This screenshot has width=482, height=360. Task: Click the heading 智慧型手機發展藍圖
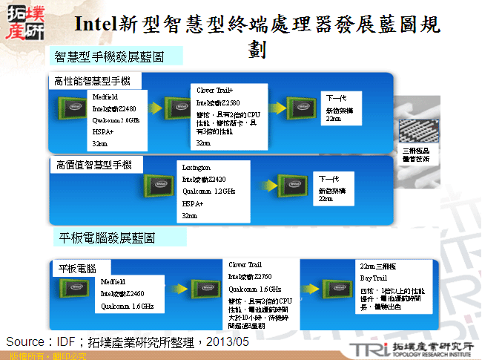pyautogui.click(x=109, y=56)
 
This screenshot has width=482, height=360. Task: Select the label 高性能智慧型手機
pyautogui.click(x=93, y=81)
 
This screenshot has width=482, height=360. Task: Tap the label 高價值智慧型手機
pyautogui.click(x=93, y=164)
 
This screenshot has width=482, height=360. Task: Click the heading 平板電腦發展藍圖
pyautogui.click(x=107, y=238)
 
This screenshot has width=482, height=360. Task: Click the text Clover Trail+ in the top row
pyautogui.click(x=215, y=89)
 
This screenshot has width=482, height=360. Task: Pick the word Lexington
pyautogui.click(x=197, y=168)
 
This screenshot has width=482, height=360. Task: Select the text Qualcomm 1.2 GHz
pyautogui.click(x=208, y=191)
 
